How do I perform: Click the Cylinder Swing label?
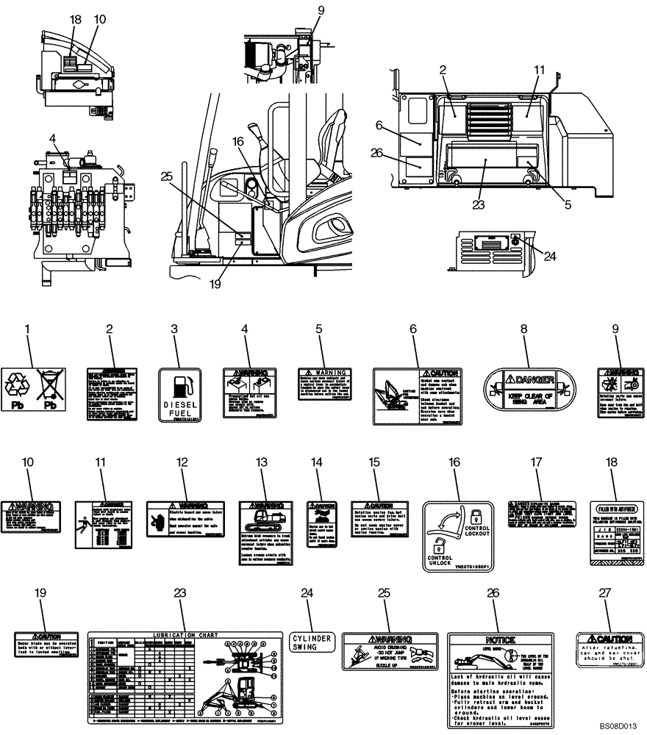tap(312, 641)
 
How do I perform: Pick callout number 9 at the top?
tap(300, 10)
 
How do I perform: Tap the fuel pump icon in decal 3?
tap(181, 385)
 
